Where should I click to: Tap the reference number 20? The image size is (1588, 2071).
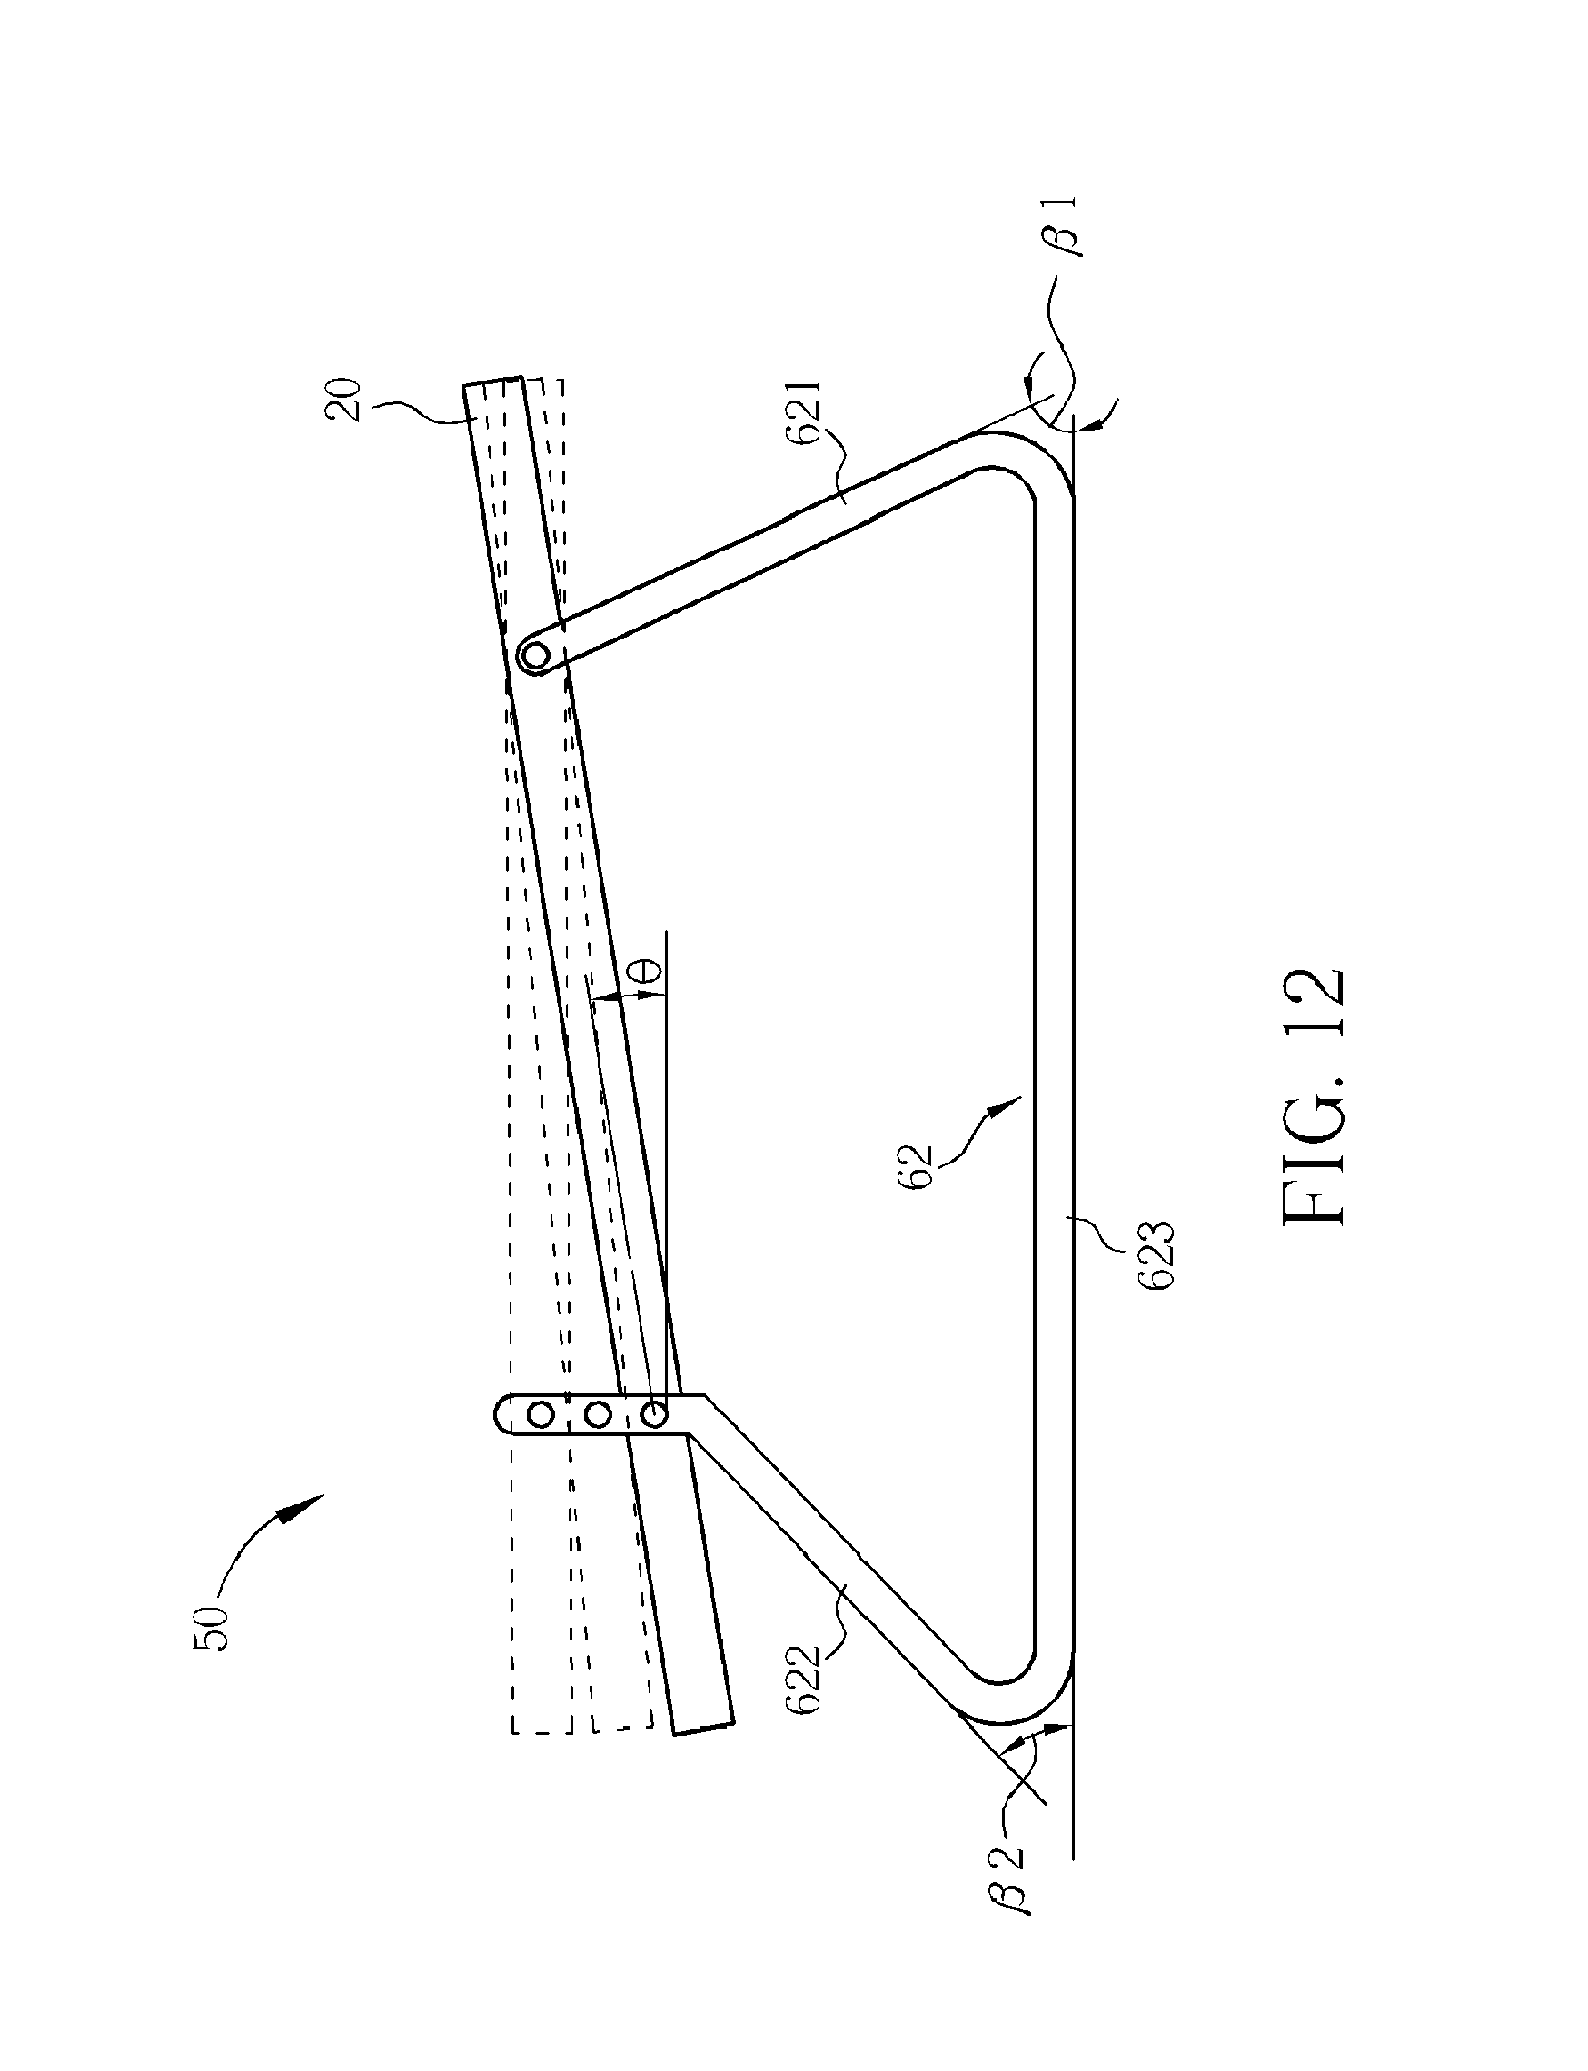(347, 400)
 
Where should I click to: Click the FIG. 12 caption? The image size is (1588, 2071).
(1313, 1095)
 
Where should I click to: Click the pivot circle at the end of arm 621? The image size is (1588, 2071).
(536, 654)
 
